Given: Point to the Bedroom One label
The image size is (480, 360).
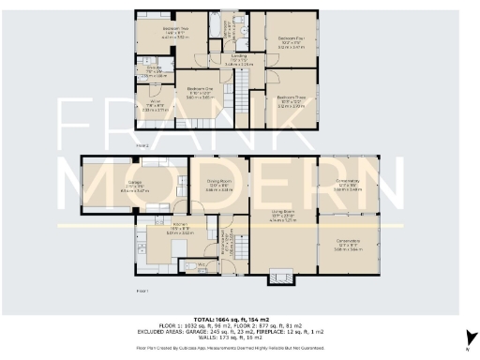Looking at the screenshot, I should click(199, 91).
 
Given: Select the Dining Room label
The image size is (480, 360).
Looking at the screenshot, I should click(219, 186).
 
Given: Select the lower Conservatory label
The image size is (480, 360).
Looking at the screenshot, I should click(348, 247).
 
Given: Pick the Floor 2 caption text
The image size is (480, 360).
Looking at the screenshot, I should click(142, 146).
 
